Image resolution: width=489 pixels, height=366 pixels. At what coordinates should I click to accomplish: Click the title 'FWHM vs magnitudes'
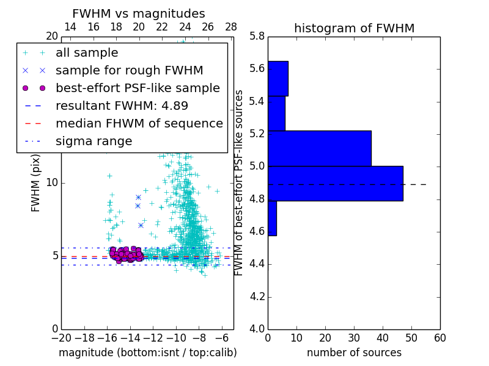click(138, 13)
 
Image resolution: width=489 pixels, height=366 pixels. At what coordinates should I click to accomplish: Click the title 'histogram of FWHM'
click(354, 28)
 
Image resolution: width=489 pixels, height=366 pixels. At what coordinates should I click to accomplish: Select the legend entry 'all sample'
click(87, 53)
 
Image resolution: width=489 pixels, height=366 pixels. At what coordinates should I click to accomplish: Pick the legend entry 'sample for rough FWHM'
click(129, 70)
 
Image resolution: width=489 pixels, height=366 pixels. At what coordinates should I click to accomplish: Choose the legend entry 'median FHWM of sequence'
click(139, 123)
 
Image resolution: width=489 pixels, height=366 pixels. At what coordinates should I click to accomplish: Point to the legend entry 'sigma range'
click(94, 142)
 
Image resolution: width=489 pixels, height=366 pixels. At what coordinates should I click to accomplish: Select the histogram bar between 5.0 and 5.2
click(319, 148)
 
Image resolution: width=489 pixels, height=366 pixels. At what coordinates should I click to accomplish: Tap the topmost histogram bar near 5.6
click(278, 78)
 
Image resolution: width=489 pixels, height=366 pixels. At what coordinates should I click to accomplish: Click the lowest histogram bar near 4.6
click(272, 218)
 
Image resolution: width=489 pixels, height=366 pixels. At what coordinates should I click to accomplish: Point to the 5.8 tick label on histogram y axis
click(257, 36)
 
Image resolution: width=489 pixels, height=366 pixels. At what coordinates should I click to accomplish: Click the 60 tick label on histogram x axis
click(439, 337)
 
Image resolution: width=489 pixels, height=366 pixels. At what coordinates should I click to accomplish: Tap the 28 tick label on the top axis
click(231, 27)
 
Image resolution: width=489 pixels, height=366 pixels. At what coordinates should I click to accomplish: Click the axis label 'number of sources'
click(354, 353)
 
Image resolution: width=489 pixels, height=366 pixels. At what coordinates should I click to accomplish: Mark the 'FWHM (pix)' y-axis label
click(35, 184)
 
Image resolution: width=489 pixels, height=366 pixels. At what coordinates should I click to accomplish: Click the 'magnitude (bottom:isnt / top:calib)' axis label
click(147, 353)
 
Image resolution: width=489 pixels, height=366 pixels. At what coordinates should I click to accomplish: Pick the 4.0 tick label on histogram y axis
click(257, 329)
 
